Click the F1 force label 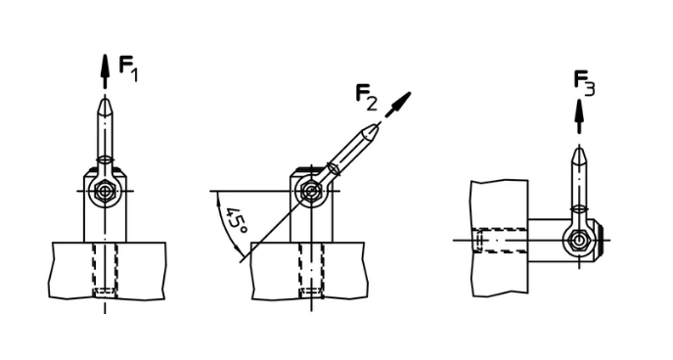(128, 69)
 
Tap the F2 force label (367, 98)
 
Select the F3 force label (585, 83)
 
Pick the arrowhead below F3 (579, 111)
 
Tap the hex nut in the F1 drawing (105, 191)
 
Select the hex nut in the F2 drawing (310, 191)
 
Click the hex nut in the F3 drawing (579, 240)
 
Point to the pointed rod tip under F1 (105, 105)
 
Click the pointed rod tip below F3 (579, 154)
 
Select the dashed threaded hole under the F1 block (105, 270)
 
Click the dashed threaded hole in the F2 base (311, 270)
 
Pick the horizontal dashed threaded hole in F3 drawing (499, 241)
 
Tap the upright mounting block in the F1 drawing (106, 205)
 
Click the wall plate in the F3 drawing (500, 238)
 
